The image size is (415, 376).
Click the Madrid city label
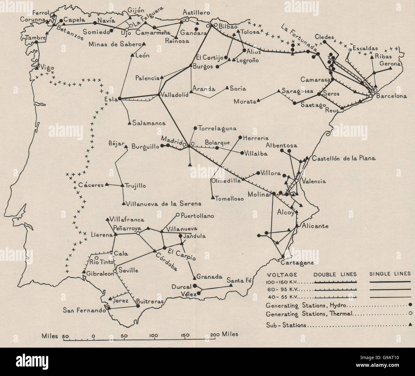(x=171, y=140)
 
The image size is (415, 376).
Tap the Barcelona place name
(x=391, y=96)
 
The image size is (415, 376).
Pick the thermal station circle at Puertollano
(x=178, y=214)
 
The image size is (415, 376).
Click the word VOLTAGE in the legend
(x=282, y=274)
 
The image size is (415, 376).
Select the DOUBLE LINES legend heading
(x=335, y=274)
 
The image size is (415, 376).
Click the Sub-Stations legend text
(x=286, y=325)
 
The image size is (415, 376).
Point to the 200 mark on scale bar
(x=215, y=335)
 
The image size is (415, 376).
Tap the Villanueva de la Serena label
(x=164, y=204)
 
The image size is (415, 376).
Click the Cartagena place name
(x=298, y=263)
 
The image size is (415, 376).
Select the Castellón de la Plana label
(x=344, y=158)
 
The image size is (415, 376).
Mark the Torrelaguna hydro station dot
(x=195, y=128)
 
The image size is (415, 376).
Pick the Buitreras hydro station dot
(x=138, y=306)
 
